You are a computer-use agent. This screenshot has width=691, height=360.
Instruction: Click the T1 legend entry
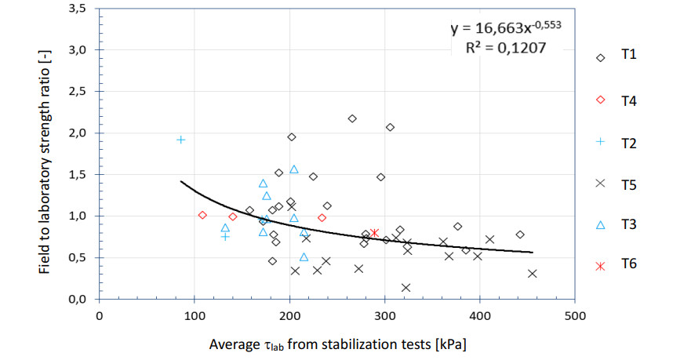pos(619,57)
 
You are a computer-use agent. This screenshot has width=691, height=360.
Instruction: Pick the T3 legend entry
pos(619,225)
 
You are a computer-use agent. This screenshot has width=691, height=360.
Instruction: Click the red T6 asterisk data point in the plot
pos(374,233)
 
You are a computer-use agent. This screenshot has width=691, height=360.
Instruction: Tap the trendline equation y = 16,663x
pos(505,29)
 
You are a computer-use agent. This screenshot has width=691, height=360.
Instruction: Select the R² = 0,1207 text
pos(505,48)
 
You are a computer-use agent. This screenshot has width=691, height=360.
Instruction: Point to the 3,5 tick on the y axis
pos(77,9)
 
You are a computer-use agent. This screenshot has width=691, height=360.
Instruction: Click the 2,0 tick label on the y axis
pos(77,133)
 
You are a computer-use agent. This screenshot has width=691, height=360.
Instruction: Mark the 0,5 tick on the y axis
pos(77,258)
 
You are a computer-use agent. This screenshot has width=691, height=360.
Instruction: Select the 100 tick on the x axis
pos(194,315)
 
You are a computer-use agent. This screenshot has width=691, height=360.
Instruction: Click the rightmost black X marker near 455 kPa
pos(533,274)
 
